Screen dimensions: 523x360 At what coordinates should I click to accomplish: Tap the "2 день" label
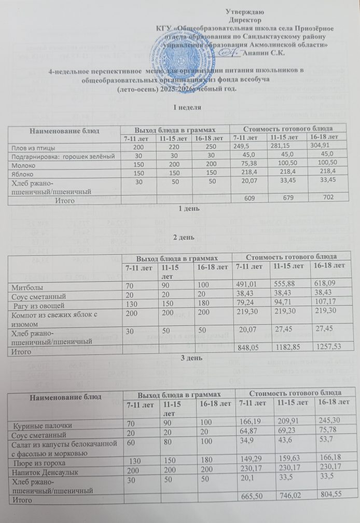pyautogui.click(x=179, y=238)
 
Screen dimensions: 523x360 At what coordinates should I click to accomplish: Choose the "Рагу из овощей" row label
pyautogui.click(x=37, y=305)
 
